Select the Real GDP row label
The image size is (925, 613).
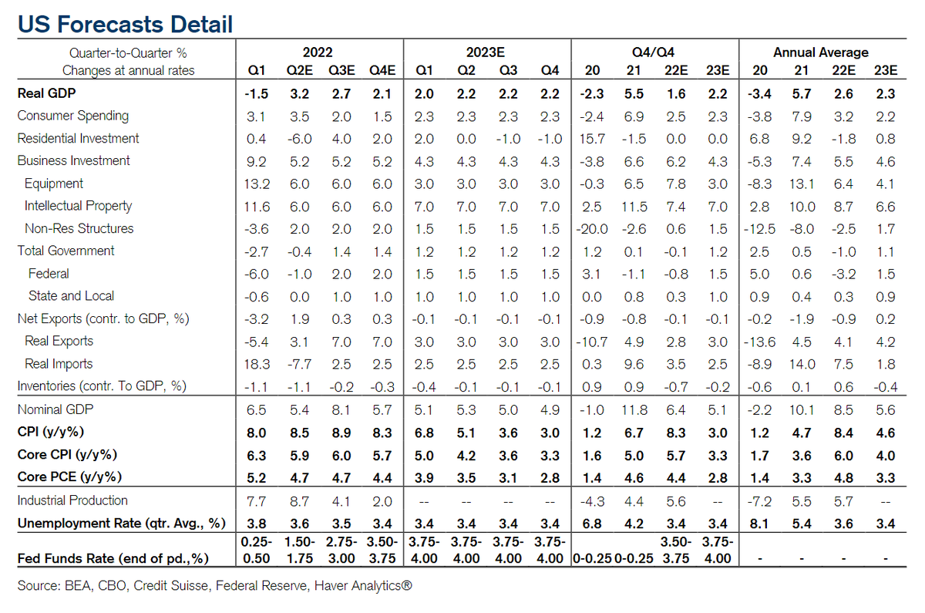(47, 93)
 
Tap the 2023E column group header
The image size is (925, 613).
(486, 52)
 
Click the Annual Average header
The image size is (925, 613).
(820, 52)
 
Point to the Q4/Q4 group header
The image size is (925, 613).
(654, 52)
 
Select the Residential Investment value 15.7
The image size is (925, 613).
(591, 139)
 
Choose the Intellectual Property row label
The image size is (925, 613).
(78, 206)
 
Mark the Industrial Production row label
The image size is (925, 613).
(72, 500)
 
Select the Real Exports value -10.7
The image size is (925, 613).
(590, 342)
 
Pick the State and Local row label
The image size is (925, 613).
(71, 296)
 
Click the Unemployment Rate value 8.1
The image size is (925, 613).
(760, 524)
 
